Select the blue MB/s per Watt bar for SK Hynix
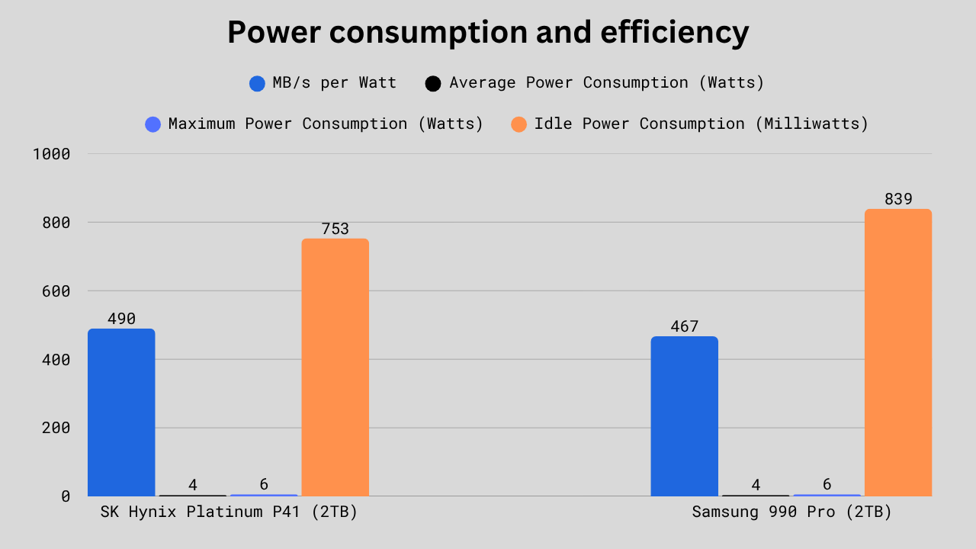(x=121, y=413)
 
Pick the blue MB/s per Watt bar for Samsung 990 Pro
(x=684, y=416)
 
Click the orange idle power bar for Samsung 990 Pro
(x=897, y=352)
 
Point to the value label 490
(x=121, y=319)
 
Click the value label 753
(x=335, y=230)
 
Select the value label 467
(x=684, y=327)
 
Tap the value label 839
(x=898, y=200)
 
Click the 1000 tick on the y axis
(x=52, y=154)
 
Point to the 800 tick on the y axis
(x=55, y=223)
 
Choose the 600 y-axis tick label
(x=55, y=291)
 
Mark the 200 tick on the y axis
(x=55, y=428)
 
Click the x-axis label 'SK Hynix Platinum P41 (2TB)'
(x=229, y=512)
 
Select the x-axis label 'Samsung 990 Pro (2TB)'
(x=791, y=512)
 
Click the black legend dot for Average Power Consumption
(x=433, y=84)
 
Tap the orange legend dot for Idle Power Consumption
(x=518, y=124)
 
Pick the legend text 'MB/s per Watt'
(x=334, y=83)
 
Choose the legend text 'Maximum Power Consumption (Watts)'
(x=326, y=124)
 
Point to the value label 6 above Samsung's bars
(x=827, y=485)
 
